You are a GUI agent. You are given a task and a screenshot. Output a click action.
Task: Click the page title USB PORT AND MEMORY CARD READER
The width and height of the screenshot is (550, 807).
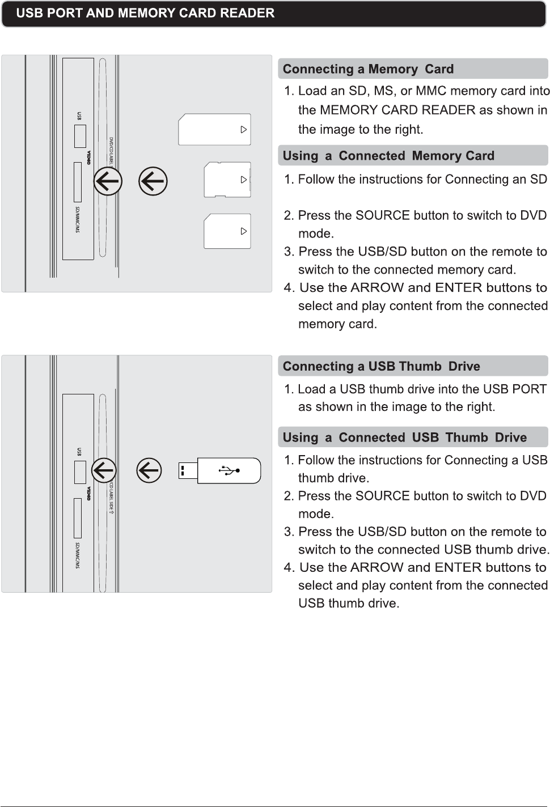coord(145,13)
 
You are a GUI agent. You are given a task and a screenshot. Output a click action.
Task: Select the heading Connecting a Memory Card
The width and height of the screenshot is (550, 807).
coord(368,69)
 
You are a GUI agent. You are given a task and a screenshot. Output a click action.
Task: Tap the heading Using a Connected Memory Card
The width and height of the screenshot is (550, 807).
coord(388,156)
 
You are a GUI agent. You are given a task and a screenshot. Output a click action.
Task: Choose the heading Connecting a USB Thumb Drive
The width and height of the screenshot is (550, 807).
coord(381,366)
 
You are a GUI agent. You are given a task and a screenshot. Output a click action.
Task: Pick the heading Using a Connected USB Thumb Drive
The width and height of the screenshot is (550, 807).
coord(404,438)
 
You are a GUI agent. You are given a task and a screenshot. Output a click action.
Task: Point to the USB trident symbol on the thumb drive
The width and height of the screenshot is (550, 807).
coord(229,470)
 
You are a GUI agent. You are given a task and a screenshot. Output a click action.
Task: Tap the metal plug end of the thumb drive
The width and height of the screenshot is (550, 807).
coord(188,470)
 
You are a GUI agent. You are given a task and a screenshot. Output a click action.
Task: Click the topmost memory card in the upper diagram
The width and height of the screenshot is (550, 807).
coord(214,129)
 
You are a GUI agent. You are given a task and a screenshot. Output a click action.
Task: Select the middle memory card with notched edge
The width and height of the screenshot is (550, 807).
coord(227,180)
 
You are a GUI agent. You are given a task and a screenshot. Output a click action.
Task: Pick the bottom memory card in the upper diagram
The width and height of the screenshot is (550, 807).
coord(227,231)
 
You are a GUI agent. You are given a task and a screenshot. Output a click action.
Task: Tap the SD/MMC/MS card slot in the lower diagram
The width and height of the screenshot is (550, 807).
coord(78,517)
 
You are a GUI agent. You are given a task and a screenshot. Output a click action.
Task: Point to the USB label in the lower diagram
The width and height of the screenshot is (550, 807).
coord(79,452)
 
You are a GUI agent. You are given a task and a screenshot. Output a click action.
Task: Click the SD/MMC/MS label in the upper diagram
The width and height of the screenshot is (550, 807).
coord(78,220)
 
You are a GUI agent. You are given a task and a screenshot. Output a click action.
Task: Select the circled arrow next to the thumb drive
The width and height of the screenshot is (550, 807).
coord(149,470)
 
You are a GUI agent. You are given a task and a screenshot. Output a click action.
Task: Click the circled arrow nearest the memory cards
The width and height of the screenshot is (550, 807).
coord(153,181)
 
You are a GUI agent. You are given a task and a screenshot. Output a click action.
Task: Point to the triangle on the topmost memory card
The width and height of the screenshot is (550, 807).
coord(244,129)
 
